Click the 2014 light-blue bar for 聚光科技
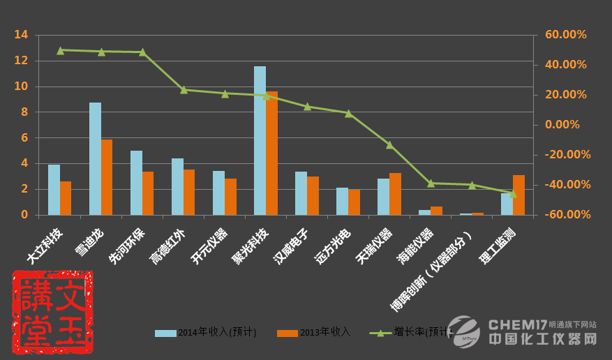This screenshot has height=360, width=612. [260, 140]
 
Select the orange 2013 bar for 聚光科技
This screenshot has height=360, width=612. [271, 153]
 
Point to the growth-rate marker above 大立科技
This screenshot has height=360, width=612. [60, 50]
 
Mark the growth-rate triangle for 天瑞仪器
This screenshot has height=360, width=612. [389, 145]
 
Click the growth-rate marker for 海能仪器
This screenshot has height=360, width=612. [431, 183]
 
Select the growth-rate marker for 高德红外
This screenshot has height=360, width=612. [184, 90]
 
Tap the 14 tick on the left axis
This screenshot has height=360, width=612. [21, 35]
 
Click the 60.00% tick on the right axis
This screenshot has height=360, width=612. [566, 35]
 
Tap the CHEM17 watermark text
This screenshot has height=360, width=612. [517, 324]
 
